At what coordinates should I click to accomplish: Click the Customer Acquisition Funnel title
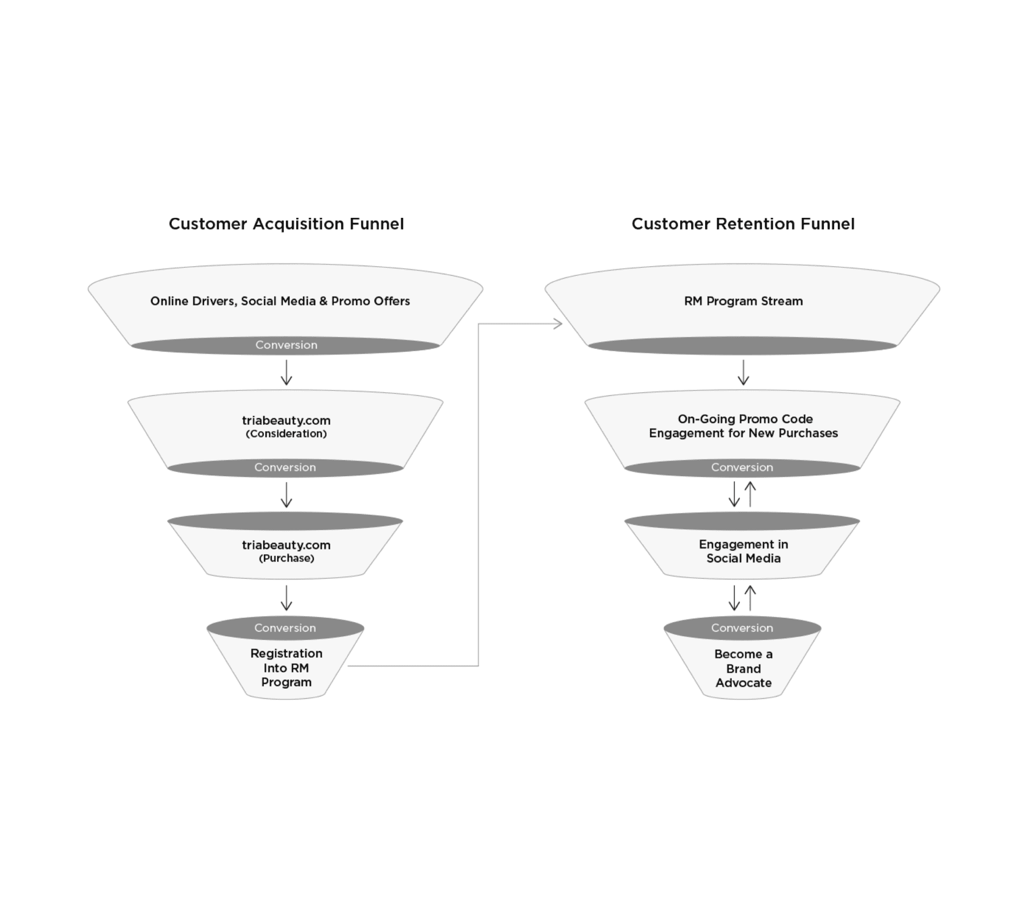click(x=286, y=224)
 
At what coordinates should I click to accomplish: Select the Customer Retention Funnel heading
click(x=743, y=224)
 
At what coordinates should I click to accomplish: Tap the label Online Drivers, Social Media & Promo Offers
click(x=280, y=301)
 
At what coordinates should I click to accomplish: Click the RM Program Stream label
click(x=744, y=301)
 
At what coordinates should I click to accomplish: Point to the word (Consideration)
click(x=287, y=433)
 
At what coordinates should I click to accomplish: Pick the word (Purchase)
click(x=287, y=558)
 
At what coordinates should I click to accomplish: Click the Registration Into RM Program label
click(x=287, y=668)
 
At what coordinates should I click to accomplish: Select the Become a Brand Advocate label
click(x=744, y=668)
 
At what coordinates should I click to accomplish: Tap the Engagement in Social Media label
click(x=744, y=551)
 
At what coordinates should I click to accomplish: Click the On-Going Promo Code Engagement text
click(x=744, y=426)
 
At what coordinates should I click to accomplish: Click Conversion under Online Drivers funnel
click(x=287, y=345)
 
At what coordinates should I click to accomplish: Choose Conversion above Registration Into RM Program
click(x=285, y=628)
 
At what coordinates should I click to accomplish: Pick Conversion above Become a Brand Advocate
click(x=742, y=628)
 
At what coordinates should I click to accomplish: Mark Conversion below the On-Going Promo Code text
click(x=742, y=467)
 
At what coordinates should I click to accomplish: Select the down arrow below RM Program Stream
click(x=744, y=372)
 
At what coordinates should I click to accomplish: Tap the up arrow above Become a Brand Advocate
click(x=750, y=598)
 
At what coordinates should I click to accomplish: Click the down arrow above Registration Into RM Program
click(x=287, y=598)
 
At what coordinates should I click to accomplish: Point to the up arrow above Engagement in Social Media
click(x=750, y=494)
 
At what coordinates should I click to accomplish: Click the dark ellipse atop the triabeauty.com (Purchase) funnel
click(x=285, y=521)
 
